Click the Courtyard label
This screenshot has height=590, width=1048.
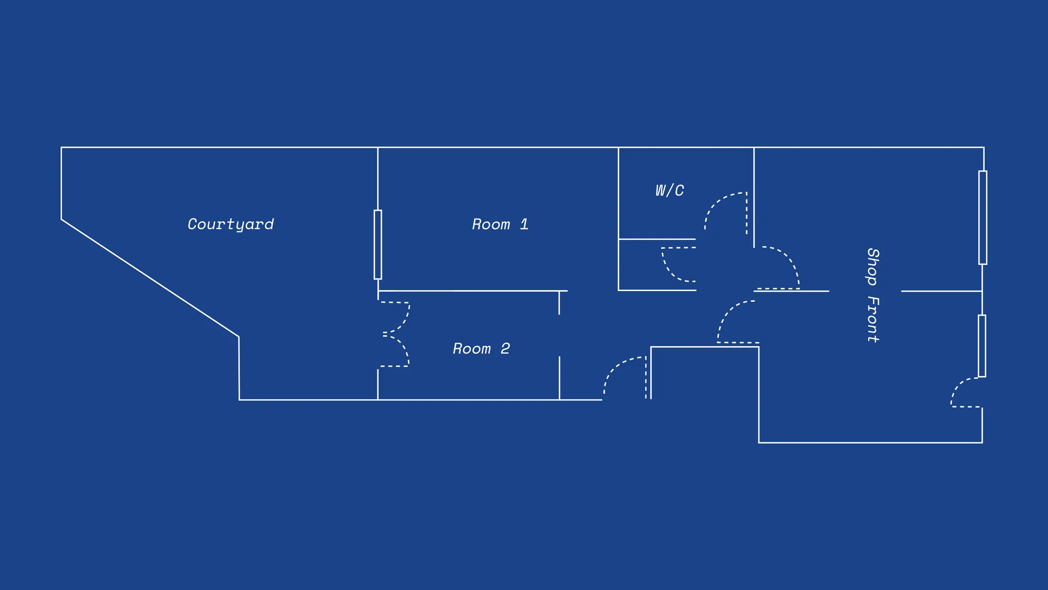(231, 224)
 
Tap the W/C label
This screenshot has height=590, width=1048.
(670, 191)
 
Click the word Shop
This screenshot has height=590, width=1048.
(873, 266)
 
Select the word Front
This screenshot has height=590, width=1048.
(873, 319)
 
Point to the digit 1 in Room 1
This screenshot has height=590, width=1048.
(524, 224)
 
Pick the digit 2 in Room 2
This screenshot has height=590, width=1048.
(505, 348)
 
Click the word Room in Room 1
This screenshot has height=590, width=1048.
(491, 224)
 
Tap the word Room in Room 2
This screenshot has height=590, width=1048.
(472, 348)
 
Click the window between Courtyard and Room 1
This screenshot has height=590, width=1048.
(378, 244)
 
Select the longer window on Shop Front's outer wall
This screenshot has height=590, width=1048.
(983, 217)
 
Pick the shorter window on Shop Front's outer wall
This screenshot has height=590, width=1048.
(982, 346)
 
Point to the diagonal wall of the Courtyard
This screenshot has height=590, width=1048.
(150, 278)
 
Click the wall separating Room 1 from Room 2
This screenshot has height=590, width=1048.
(473, 291)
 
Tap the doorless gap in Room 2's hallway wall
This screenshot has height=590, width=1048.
(559, 336)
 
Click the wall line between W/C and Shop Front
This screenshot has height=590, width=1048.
(754, 197)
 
